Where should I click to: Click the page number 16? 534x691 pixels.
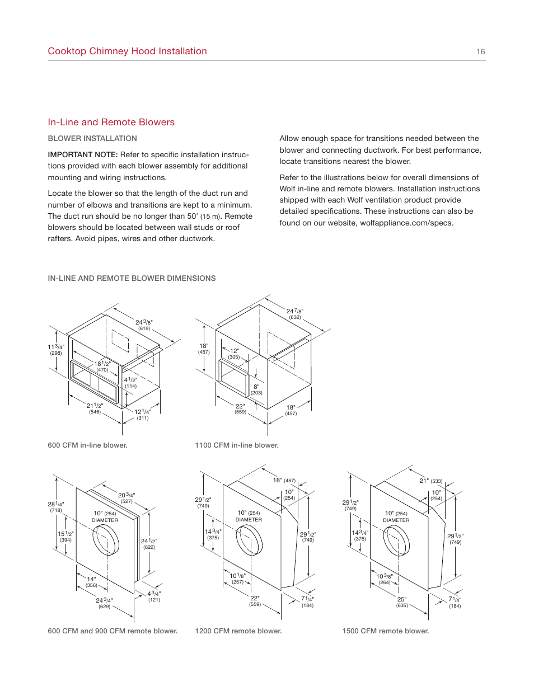pyautogui.click(x=480, y=51)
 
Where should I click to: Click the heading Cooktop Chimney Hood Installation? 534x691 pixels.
pyautogui.click(x=127, y=51)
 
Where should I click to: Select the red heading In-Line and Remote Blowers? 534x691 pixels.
pyautogui.click(x=111, y=122)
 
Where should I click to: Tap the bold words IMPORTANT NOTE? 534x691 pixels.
pyautogui.click(x=82, y=154)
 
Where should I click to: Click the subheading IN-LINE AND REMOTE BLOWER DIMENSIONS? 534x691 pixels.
pyautogui.click(x=132, y=278)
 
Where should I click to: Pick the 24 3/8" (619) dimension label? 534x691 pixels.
pyautogui.click(x=144, y=325)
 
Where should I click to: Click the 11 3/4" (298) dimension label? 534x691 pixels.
pyautogui.click(x=56, y=350)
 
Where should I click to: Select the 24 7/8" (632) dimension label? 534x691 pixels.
pyautogui.click(x=295, y=314)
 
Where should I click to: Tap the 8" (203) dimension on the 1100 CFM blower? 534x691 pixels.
pyautogui.click(x=256, y=389)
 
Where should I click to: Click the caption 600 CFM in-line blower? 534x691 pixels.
pyautogui.click(x=87, y=445)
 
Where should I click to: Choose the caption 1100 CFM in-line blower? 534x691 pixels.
pyautogui.click(x=236, y=445)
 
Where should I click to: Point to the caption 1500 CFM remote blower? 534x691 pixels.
pyautogui.click(x=385, y=631)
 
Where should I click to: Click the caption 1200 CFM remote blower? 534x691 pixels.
pyautogui.click(x=238, y=631)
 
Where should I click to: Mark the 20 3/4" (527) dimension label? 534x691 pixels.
pyautogui.click(x=127, y=498)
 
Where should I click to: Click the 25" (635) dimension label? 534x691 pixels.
pyautogui.click(x=402, y=602)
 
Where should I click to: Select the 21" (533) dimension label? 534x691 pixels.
pyautogui.click(x=430, y=481)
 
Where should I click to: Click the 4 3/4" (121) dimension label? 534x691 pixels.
pyautogui.click(x=154, y=596)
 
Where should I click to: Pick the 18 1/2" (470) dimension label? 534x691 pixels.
pyautogui.click(x=102, y=366)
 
